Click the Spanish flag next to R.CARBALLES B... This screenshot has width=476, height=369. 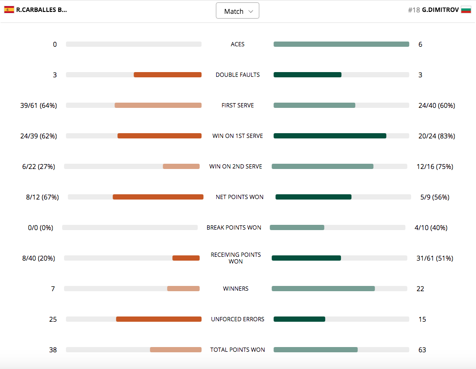point(9,10)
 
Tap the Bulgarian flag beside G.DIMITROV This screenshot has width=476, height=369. point(466,10)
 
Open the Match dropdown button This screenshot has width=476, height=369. point(237,11)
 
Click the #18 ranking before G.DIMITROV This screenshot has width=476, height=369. point(413,10)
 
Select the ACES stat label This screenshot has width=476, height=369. point(237,44)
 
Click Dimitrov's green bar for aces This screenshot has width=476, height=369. point(341,44)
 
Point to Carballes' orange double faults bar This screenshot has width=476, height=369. point(167,75)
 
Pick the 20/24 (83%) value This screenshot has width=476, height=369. point(436,136)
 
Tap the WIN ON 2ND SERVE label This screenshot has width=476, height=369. point(235,167)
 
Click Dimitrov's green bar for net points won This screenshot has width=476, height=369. point(313,197)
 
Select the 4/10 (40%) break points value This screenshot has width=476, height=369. point(431,228)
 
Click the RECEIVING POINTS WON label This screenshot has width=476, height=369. point(235,258)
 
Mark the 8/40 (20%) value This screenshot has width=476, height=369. point(39,258)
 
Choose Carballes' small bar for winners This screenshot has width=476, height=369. point(183,289)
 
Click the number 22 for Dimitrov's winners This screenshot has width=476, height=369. point(420,289)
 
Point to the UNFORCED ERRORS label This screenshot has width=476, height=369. point(237,319)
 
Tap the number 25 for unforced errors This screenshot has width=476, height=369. point(53,319)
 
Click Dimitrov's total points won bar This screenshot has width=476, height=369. point(315,350)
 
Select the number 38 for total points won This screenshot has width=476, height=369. point(53,350)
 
